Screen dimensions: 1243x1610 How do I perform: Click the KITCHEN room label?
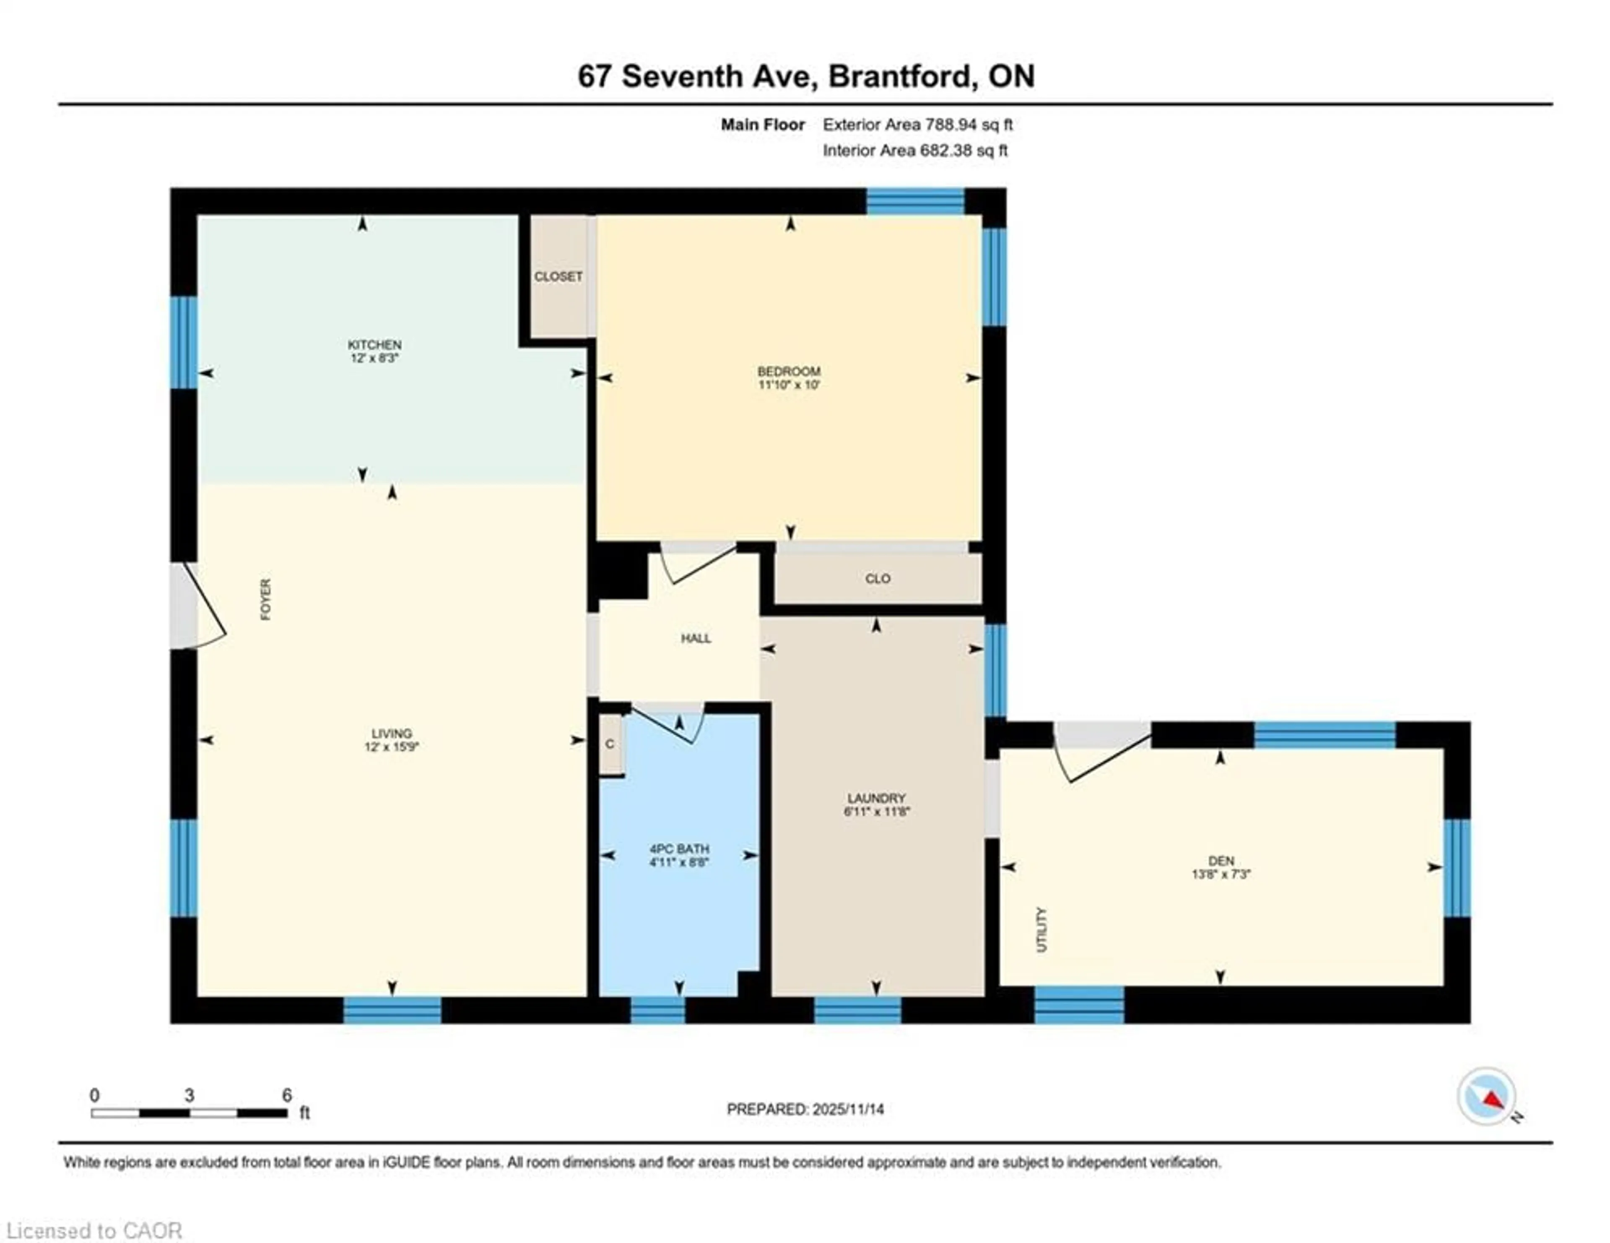click(374, 344)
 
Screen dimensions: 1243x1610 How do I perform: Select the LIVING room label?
click(392, 733)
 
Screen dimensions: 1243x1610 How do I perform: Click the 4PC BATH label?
click(679, 848)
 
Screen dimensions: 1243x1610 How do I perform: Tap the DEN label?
click(1221, 861)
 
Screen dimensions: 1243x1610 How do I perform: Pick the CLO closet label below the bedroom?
click(877, 579)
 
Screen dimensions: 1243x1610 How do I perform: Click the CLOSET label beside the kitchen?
click(558, 276)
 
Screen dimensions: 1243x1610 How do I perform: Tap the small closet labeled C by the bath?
click(610, 744)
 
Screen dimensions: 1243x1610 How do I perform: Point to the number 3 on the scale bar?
click(190, 1095)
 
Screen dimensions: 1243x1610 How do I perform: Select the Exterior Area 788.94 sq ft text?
click(917, 125)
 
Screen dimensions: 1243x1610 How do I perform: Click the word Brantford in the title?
click(899, 76)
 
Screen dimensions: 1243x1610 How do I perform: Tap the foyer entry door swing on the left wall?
click(203, 606)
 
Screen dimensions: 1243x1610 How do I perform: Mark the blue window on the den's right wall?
click(1457, 868)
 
